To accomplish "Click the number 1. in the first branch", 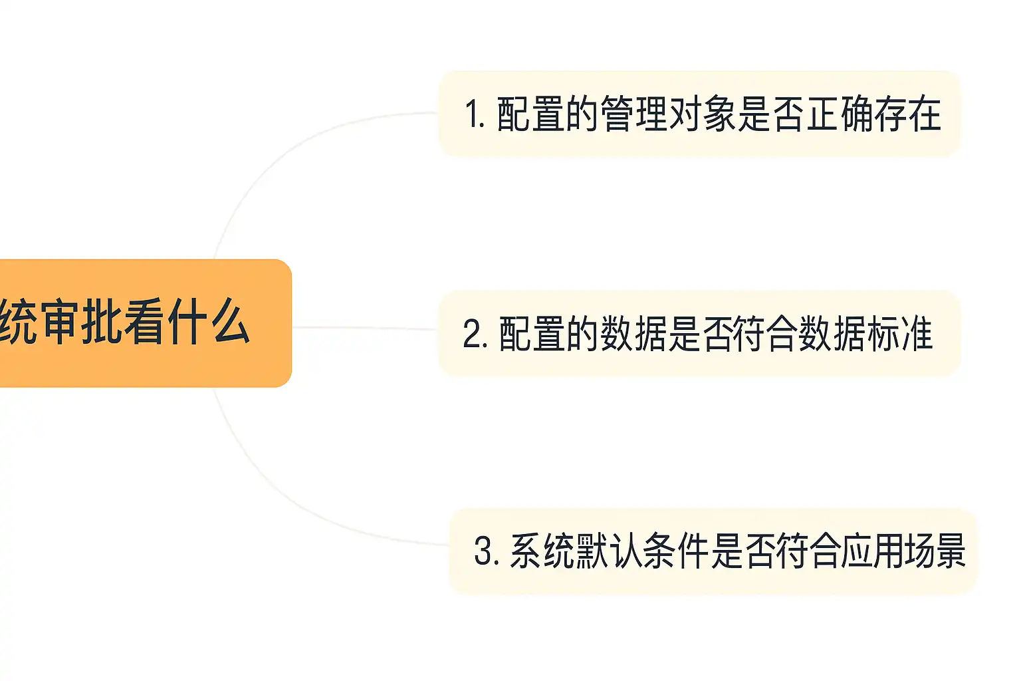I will pos(474,114).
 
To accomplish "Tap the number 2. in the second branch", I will pos(475,334).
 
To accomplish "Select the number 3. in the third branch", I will pos(486,551).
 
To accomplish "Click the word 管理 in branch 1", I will pos(634,114).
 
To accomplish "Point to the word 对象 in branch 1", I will pos(703,114).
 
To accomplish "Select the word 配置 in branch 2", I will pos(532,334).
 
